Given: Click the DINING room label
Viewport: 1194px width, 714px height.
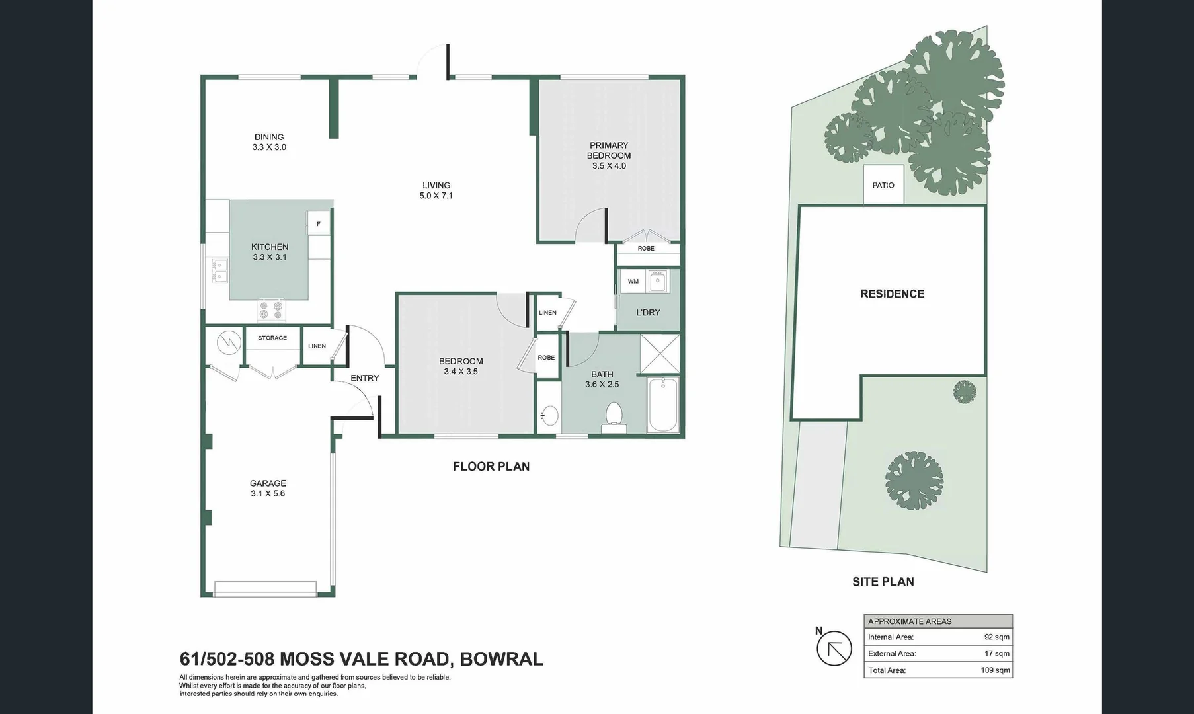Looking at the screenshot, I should tap(269, 138).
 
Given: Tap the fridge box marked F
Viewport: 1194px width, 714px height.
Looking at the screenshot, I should tap(319, 223).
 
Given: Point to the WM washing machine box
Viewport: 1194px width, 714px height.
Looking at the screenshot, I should tap(633, 281).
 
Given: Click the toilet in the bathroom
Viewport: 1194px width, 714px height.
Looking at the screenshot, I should tap(614, 417).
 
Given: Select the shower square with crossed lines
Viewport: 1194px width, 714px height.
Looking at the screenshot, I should tap(660, 354).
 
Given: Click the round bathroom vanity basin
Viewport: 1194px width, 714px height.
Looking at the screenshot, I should tap(549, 416).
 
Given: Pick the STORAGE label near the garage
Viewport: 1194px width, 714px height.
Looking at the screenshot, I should tap(272, 338).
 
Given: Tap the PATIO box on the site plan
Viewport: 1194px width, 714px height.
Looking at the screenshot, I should tap(883, 185).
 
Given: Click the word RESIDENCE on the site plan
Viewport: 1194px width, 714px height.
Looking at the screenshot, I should tap(892, 294).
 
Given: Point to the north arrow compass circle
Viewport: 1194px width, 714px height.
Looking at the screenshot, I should tap(834, 648).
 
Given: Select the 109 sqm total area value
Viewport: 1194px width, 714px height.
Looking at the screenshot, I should tap(995, 670).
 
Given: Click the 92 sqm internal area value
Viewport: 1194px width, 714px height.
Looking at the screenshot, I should tap(996, 637).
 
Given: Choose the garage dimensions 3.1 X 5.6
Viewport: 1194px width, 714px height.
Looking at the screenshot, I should tap(268, 494).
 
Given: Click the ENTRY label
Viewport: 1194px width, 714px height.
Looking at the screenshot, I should tap(365, 378).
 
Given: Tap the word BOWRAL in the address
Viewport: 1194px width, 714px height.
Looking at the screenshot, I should tap(501, 659).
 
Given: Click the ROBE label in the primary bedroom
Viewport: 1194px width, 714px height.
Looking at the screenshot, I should tap(646, 249).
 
